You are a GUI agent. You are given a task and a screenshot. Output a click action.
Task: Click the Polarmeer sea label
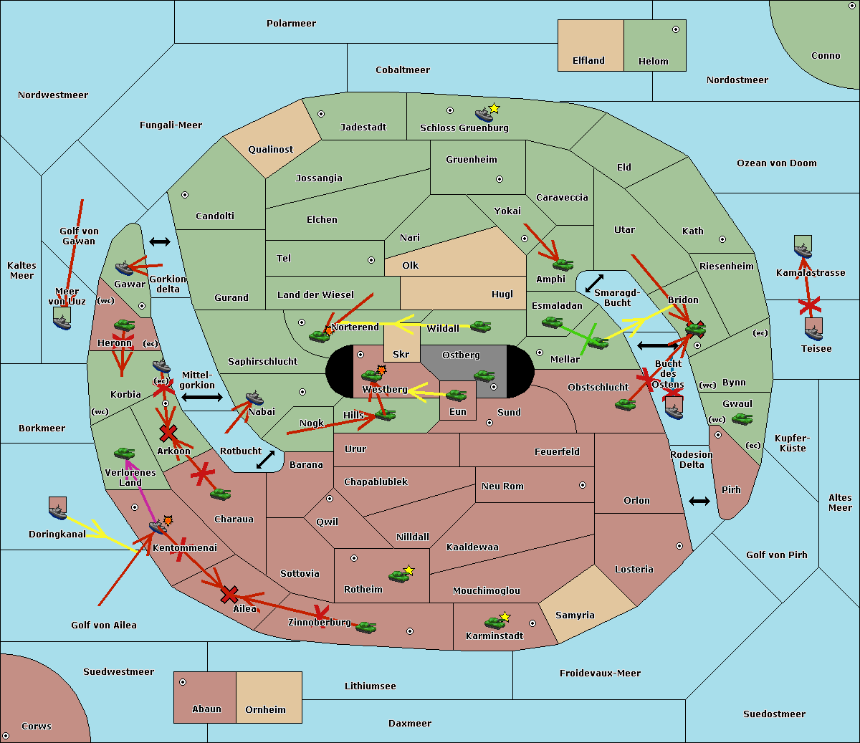(291, 24)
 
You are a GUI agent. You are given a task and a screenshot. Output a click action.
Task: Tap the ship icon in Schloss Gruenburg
(484, 115)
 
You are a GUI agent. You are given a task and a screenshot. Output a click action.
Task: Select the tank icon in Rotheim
(399, 575)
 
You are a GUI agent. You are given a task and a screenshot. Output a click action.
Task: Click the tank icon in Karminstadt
(494, 622)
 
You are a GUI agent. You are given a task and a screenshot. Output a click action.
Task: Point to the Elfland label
(588, 61)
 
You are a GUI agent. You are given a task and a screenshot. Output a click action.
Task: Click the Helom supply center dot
(675, 29)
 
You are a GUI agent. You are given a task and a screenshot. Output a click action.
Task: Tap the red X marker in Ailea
(229, 594)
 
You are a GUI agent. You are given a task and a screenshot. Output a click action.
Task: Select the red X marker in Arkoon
(168, 433)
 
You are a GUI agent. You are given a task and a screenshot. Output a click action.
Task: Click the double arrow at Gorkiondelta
(160, 242)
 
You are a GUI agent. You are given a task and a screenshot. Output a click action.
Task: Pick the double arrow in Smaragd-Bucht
(595, 284)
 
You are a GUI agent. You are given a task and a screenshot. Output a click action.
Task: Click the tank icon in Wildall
(480, 327)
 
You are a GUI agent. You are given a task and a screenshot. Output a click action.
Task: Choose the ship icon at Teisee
(813, 330)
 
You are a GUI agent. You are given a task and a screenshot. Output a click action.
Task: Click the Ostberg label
(461, 355)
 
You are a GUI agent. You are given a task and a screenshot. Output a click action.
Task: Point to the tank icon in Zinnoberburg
(365, 627)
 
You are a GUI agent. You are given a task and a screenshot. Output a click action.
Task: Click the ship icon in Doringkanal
(57, 510)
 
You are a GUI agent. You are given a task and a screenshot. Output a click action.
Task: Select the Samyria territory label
(575, 615)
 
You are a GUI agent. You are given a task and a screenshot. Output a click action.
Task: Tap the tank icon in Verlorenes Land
(124, 453)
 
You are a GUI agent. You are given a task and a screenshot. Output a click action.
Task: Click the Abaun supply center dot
(183, 682)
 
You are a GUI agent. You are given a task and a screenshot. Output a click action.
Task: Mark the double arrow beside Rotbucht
(266, 459)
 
